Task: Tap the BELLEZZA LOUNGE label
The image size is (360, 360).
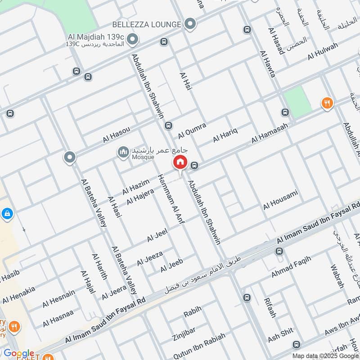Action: click(146, 24)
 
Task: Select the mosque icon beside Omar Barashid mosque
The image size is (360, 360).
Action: click(123, 153)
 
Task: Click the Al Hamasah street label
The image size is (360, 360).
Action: click(269, 134)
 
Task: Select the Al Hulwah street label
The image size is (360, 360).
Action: click(323, 51)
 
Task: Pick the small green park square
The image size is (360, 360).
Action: click(297, 99)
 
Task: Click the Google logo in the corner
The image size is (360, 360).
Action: click(19, 354)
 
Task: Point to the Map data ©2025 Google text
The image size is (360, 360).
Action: click(325, 355)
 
